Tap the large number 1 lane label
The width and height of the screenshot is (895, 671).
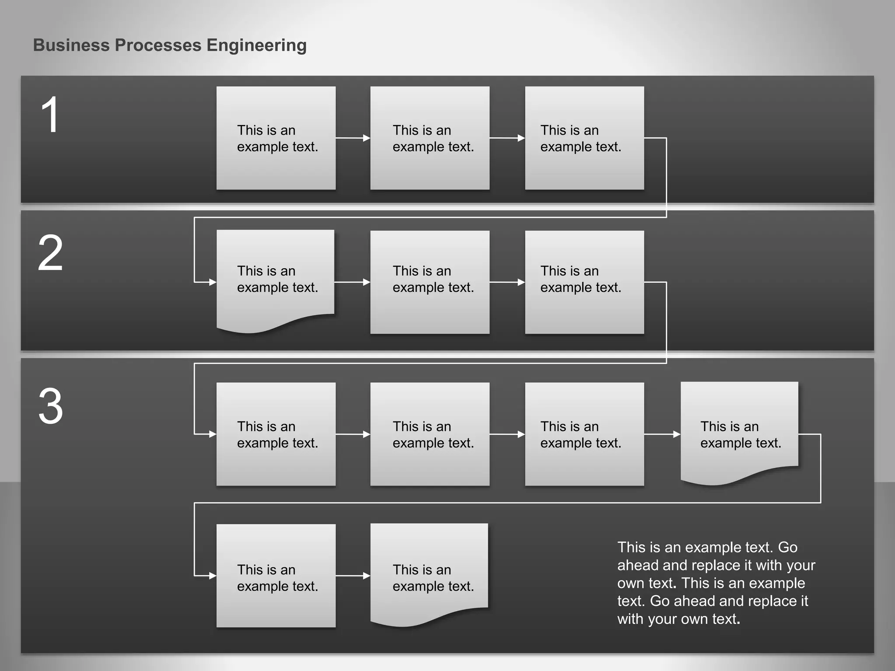49,115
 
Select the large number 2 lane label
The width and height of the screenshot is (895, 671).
50,253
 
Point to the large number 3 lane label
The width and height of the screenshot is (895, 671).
50,406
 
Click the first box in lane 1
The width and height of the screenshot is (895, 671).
276,138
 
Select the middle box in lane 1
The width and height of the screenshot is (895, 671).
430,138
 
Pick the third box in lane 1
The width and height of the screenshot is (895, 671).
584,138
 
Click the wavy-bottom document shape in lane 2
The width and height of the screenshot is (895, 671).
276,280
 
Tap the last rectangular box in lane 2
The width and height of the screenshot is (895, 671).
584,282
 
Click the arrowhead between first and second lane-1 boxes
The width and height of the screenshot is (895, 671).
366,138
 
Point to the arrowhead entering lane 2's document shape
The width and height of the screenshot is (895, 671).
212,282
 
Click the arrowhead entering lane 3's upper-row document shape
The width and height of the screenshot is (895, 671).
676,434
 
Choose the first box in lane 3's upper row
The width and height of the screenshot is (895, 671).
276,434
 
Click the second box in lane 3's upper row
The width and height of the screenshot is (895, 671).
430,434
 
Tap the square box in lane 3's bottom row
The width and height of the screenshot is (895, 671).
276,576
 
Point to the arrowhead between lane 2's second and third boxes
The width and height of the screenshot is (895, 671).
521,282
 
